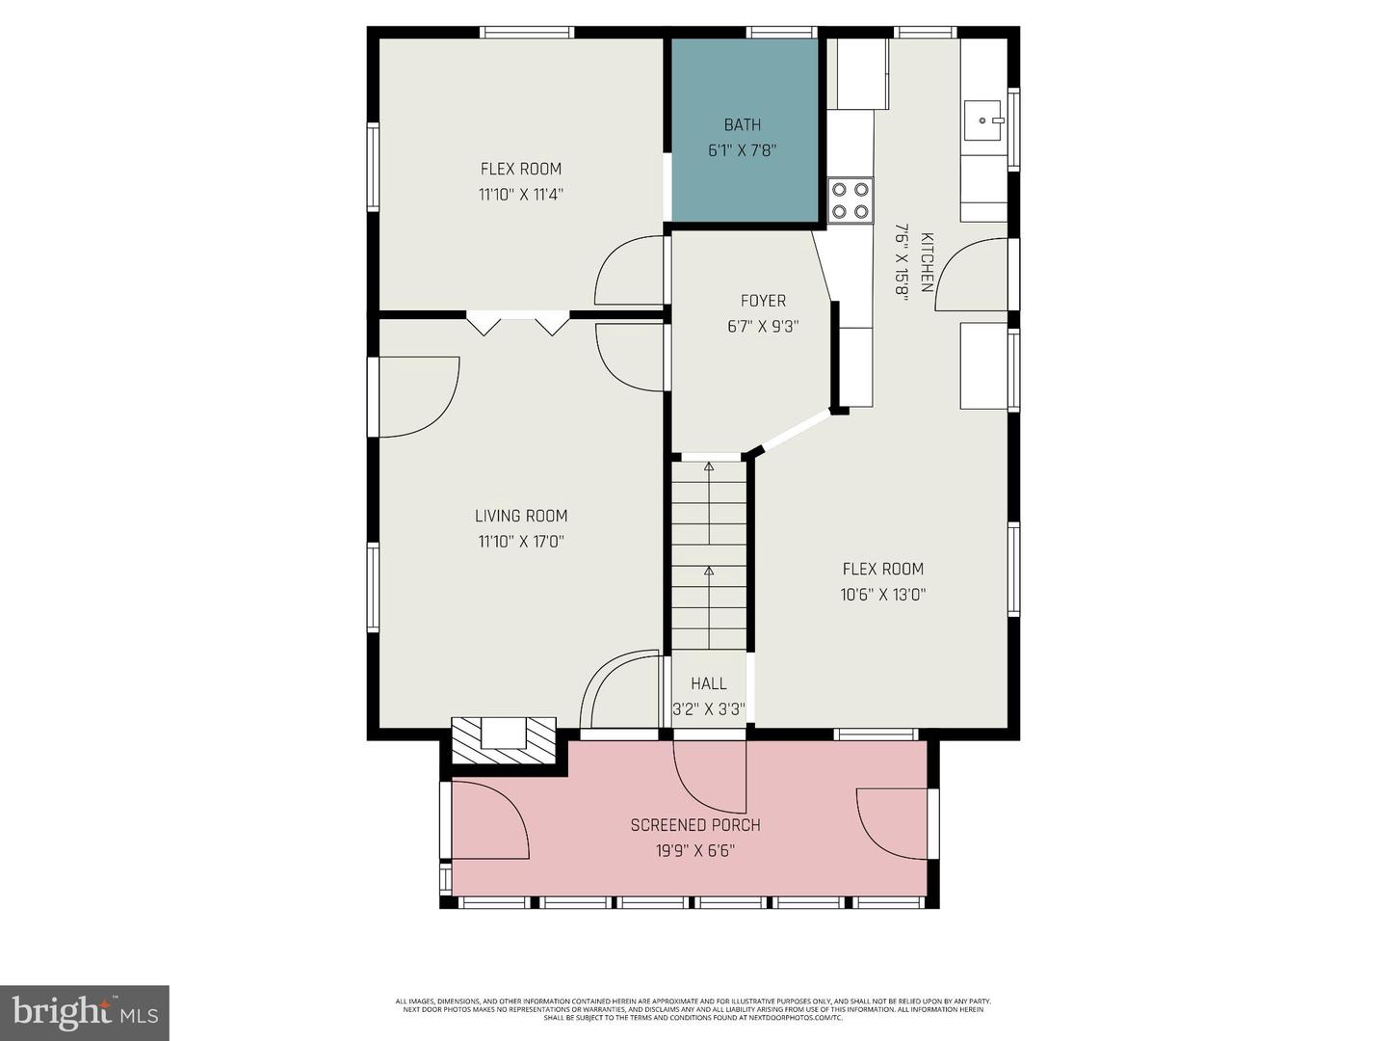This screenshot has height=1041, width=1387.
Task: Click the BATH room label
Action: click(742, 124)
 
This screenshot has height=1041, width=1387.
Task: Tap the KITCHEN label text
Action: click(927, 262)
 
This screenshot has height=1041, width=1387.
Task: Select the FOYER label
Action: click(763, 301)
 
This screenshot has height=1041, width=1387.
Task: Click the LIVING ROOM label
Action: click(521, 516)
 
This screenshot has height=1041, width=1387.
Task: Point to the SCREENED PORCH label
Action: click(695, 825)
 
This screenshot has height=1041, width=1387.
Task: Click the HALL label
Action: click(708, 683)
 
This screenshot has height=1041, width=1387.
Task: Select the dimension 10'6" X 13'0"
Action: click(882, 595)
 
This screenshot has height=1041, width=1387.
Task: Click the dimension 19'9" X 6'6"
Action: click(695, 851)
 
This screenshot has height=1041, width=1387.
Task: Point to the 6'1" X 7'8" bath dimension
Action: click(742, 150)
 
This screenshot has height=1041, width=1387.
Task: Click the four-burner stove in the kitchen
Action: click(851, 200)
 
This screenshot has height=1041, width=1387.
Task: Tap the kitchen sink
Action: click(982, 121)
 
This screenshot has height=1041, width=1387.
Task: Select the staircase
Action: click(709, 554)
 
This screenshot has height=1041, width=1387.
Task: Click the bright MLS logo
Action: click(84, 1012)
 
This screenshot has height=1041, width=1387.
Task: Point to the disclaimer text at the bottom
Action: click(693, 1009)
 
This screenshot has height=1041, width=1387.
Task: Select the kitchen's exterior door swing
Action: click(971, 275)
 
